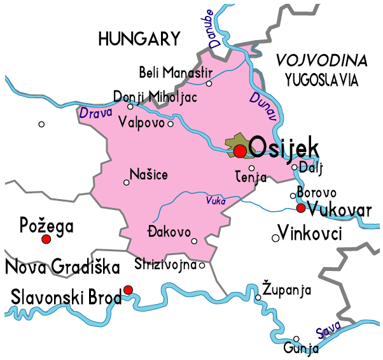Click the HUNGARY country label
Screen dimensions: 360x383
[x=139, y=39]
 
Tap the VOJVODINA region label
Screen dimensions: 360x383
[x=321, y=62]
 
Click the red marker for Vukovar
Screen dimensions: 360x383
[x=301, y=208]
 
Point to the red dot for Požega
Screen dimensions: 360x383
[x=46, y=239]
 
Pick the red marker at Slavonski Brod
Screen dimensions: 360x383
[x=128, y=290]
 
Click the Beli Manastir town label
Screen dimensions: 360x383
[x=174, y=70]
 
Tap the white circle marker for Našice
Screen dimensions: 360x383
[x=126, y=183]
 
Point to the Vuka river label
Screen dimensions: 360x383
[x=216, y=201]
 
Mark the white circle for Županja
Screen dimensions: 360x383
[x=258, y=297]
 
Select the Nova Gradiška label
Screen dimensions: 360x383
[x=62, y=267]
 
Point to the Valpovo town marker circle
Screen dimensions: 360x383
[x=170, y=123]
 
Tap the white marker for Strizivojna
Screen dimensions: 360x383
[x=202, y=266]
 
